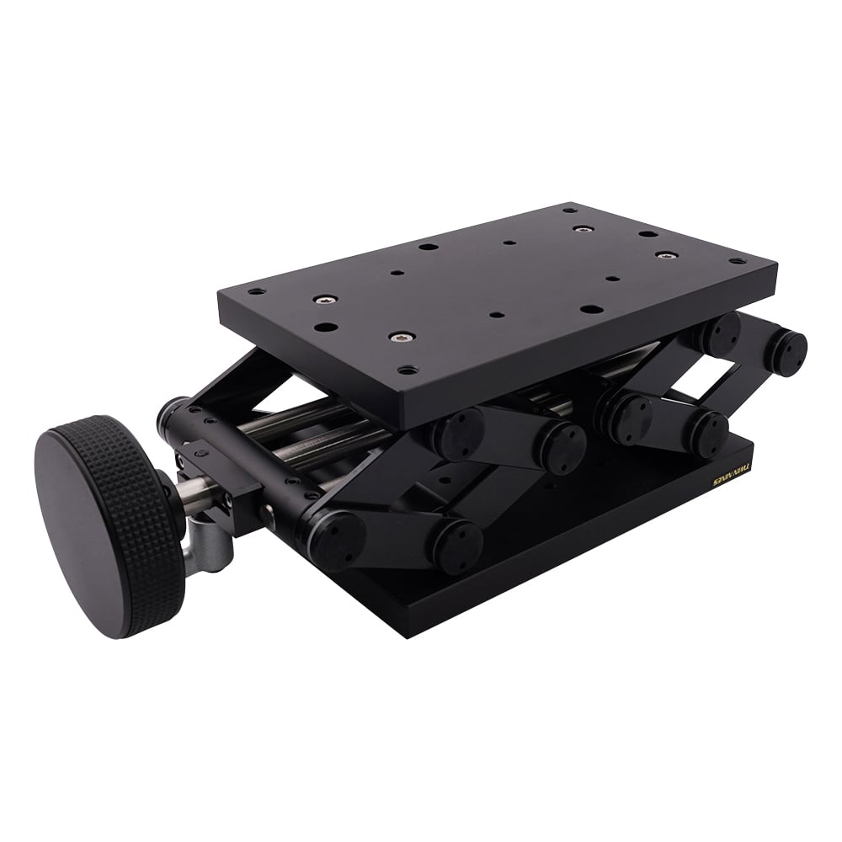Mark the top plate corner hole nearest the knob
coord(256,291)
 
